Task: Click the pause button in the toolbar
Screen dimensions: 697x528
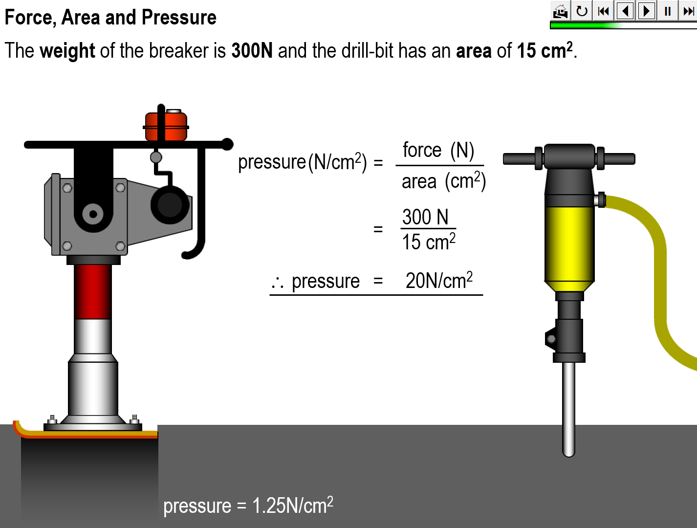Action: (x=668, y=11)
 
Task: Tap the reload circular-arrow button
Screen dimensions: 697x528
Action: (x=582, y=11)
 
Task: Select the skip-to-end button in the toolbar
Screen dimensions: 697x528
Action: (x=688, y=11)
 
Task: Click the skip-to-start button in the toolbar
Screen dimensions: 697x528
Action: (x=603, y=11)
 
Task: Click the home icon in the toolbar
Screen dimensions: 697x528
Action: (x=561, y=11)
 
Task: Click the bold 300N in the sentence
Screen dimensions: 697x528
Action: (x=252, y=50)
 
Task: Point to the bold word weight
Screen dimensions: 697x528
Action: (x=67, y=51)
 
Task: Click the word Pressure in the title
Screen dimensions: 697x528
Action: (x=179, y=17)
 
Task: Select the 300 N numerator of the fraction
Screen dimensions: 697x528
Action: (x=425, y=217)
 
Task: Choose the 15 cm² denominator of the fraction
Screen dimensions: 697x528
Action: (x=429, y=242)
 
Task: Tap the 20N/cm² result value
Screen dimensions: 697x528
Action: (x=439, y=280)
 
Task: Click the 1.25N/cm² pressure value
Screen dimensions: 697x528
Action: (x=293, y=505)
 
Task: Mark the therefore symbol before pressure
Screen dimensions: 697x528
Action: (x=277, y=283)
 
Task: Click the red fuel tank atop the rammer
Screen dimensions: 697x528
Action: (x=166, y=126)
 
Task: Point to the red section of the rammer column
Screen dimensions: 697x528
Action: (x=93, y=292)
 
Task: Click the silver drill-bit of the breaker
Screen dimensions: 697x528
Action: (x=569, y=409)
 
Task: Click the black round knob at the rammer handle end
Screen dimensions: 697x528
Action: (x=227, y=144)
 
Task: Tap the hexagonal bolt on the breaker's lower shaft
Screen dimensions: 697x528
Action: (x=551, y=339)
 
